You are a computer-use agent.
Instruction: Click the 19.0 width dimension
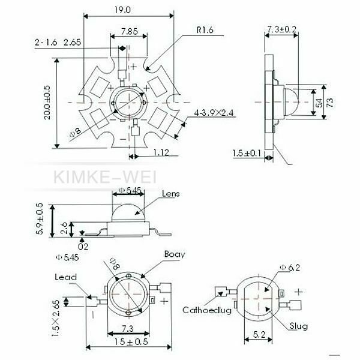coord(122,10)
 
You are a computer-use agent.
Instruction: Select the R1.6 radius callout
coord(205,30)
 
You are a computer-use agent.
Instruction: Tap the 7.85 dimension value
coord(130,31)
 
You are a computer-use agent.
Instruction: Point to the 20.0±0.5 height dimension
coord(47,103)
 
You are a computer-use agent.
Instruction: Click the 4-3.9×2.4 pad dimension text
coord(214,113)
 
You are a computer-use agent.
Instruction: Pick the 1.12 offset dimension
coord(161,152)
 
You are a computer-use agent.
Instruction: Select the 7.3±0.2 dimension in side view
coord(282,29)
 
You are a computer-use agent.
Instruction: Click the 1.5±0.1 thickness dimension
coord(247,153)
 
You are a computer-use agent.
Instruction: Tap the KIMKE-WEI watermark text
coord(105,177)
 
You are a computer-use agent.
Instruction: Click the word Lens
coord(170,194)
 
